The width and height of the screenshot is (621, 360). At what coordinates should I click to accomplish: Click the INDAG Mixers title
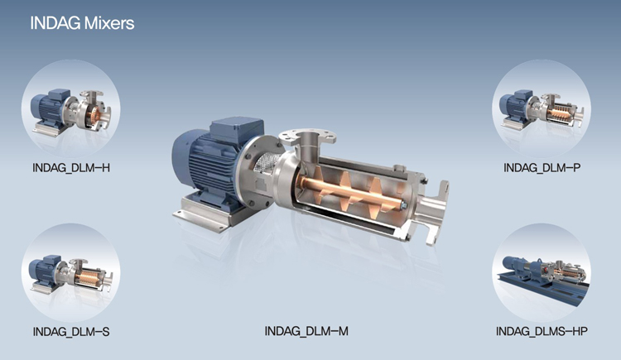(x=82, y=23)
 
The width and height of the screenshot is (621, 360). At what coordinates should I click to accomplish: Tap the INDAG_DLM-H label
(x=71, y=168)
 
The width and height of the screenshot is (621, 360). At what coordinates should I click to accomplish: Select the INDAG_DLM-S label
(x=71, y=332)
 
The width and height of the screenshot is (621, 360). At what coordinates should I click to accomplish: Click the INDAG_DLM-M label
(x=306, y=331)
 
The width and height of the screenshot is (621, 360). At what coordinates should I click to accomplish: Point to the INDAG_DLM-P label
(x=542, y=168)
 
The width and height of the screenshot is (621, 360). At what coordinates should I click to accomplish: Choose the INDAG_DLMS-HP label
(x=542, y=331)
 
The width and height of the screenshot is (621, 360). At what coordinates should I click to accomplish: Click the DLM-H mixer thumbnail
(x=71, y=109)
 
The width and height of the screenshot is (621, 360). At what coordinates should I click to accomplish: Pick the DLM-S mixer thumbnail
(x=71, y=272)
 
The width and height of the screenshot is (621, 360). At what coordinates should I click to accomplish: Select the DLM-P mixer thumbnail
(x=542, y=109)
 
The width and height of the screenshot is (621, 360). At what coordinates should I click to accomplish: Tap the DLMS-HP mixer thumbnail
(x=542, y=272)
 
